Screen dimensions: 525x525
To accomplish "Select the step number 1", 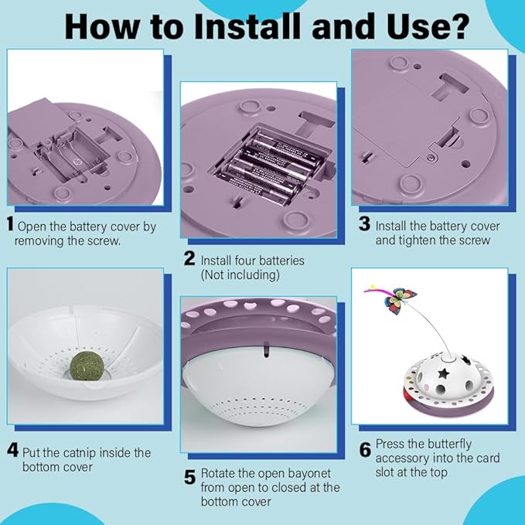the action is click(x=10, y=223).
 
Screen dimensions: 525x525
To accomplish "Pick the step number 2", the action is click(x=189, y=258).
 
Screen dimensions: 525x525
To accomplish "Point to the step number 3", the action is click(x=364, y=223).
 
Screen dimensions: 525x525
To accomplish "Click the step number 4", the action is click(x=12, y=450).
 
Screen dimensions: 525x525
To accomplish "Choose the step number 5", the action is click(x=190, y=477).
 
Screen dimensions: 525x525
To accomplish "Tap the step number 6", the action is click(x=365, y=450).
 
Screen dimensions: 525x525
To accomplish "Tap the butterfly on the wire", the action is click(x=400, y=301).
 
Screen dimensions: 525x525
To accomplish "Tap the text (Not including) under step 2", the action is click(x=240, y=275).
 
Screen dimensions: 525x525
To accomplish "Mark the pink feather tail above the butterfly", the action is click(x=376, y=291).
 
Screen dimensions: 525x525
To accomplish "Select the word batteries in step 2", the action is click(x=282, y=261).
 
